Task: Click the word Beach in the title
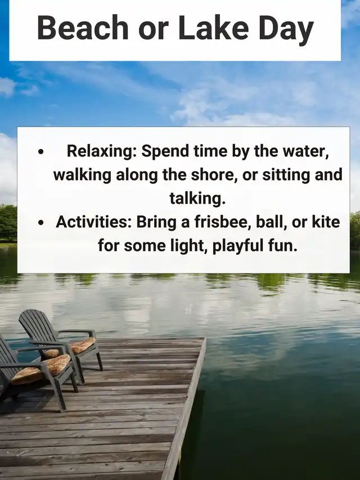pyautogui.click(x=83, y=28)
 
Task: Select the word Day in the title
pyautogui.click(x=286, y=30)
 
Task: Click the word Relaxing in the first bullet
pyautogui.click(x=102, y=151)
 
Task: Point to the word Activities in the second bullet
pyautogui.click(x=94, y=222)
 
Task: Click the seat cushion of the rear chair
pyautogui.click(x=83, y=345)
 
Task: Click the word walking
pyautogui.click(x=82, y=176)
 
